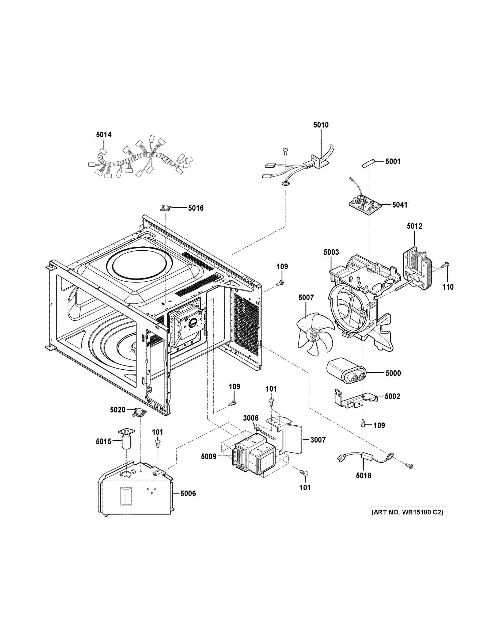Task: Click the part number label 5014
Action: click(x=104, y=135)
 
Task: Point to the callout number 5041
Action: click(x=400, y=205)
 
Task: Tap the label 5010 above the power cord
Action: click(x=321, y=125)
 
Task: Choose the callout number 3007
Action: click(x=318, y=440)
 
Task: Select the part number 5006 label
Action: click(x=188, y=494)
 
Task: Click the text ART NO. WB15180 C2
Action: click(x=407, y=512)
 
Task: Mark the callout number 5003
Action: click(x=331, y=252)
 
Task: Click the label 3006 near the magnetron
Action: click(x=251, y=418)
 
